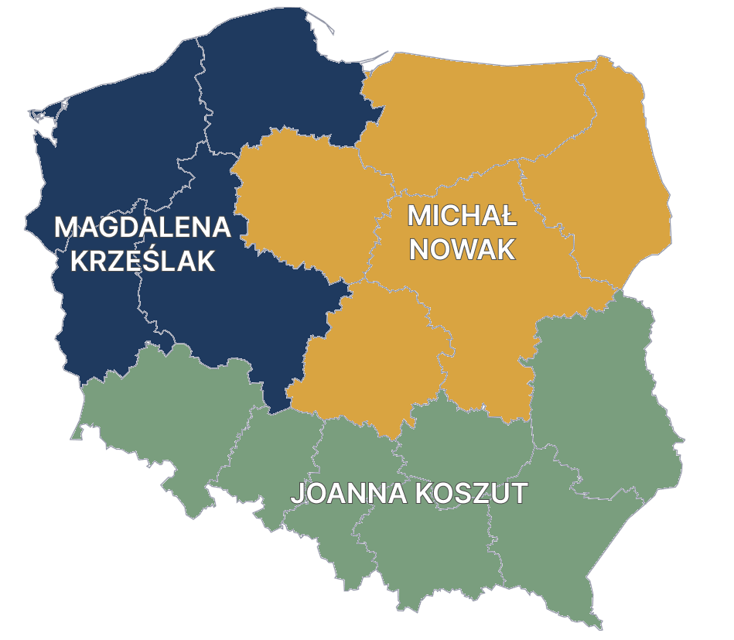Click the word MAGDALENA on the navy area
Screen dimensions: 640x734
click(x=142, y=228)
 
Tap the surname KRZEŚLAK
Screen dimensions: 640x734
click(x=142, y=262)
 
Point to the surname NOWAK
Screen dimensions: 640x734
click(x=462, y=249)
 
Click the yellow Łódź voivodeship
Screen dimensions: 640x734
click(x=371, y=356)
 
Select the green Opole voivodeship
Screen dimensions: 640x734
click(x=271, y=464)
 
